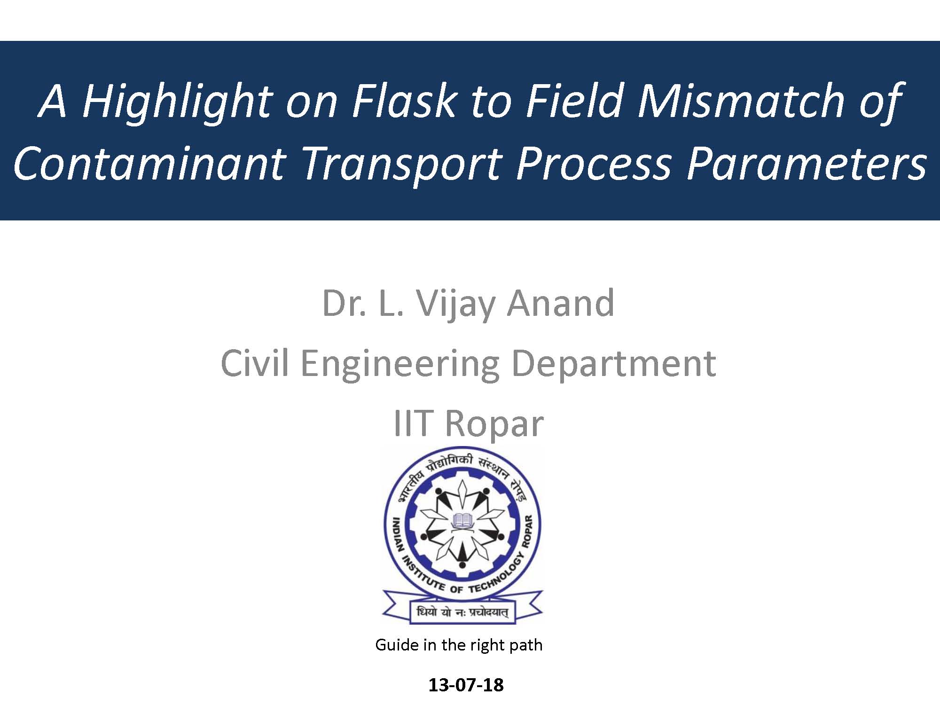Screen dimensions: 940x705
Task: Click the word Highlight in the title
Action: tap(177, 102)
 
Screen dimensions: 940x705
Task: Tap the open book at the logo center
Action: tap(462, 520)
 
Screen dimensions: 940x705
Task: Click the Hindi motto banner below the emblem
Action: tap(462, 611)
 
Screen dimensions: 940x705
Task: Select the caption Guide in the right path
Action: tap(459, 645)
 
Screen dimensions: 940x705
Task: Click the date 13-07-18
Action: tap(466, 685)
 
